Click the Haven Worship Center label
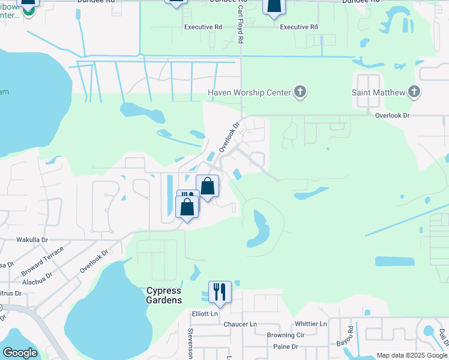click(249, 92)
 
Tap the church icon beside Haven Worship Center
click(300, 92)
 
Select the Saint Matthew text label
click(377, 92)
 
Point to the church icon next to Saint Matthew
click(414, 92)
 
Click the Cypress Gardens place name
click(164, 295)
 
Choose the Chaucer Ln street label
click(240, 324)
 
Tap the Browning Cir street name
click(286, 335)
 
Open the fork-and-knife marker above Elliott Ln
click(220, 292)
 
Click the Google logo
click(20, 353)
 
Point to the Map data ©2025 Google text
click(411, 355)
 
